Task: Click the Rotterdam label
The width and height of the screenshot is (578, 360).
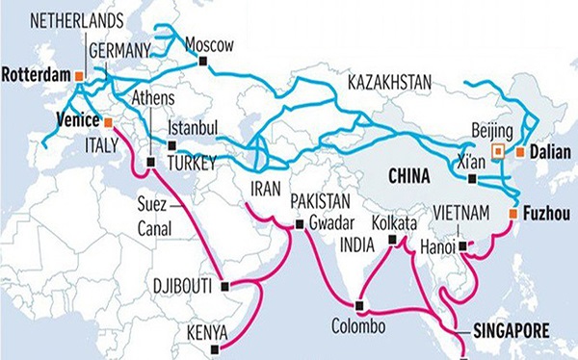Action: (x=38, y=74)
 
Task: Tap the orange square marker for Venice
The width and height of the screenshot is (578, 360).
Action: (x=109, y=123)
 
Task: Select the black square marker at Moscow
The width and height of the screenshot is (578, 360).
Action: (x=202, y=63)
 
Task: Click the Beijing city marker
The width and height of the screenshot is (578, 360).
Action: (x=498, y=151)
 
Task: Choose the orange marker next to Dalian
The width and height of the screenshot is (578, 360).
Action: (x=520, y=151)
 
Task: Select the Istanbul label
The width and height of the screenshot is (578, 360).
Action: (x=194, y=128)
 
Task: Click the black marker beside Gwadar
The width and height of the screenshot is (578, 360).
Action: (x=300, y=224)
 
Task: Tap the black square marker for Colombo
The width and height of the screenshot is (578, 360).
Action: (x=359, y=306)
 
